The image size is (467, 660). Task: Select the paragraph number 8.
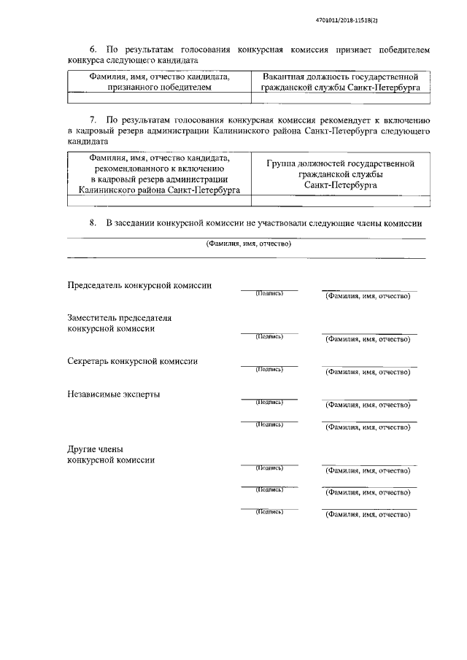93,223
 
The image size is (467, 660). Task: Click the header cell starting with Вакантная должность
340,82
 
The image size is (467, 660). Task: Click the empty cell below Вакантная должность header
340,97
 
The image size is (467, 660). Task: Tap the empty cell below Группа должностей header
340,201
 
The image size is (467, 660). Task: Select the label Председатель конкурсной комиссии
139,285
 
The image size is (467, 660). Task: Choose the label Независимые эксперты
114,395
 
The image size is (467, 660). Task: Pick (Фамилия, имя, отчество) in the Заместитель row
368,340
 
